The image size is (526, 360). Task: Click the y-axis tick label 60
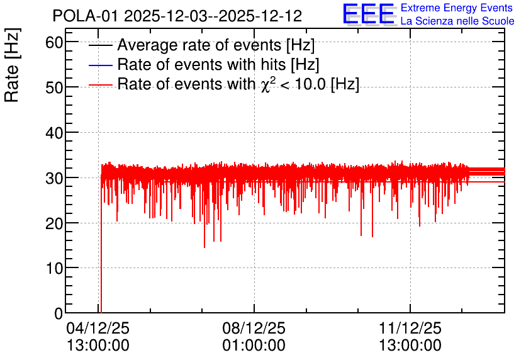pos(54,43)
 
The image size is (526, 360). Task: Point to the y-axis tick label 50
pos(54,88)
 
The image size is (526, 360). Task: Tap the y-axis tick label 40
pos(54,133)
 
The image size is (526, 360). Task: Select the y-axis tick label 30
pos(54,179)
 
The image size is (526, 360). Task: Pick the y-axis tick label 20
pos(54,224)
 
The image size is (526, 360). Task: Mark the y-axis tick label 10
pos(54,269)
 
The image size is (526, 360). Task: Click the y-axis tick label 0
pos(59,314)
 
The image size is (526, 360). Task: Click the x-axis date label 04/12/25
pos(98,328)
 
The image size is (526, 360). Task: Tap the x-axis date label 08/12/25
pos(254,328)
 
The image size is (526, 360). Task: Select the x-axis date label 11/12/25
pos(410,328)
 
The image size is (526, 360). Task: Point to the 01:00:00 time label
pos(254,346)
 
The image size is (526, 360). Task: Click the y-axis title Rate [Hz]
pos(12,65)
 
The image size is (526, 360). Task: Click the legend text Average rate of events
pos(199,45)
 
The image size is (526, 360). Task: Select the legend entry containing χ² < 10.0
pos(238,84)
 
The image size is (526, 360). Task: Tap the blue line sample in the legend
pos(100,65)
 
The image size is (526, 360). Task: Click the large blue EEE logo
pos(369,14)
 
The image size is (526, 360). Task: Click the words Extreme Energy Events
pos(457,8)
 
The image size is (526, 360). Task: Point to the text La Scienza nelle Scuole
pos(457,21)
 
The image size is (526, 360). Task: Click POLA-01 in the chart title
pos(86,16)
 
